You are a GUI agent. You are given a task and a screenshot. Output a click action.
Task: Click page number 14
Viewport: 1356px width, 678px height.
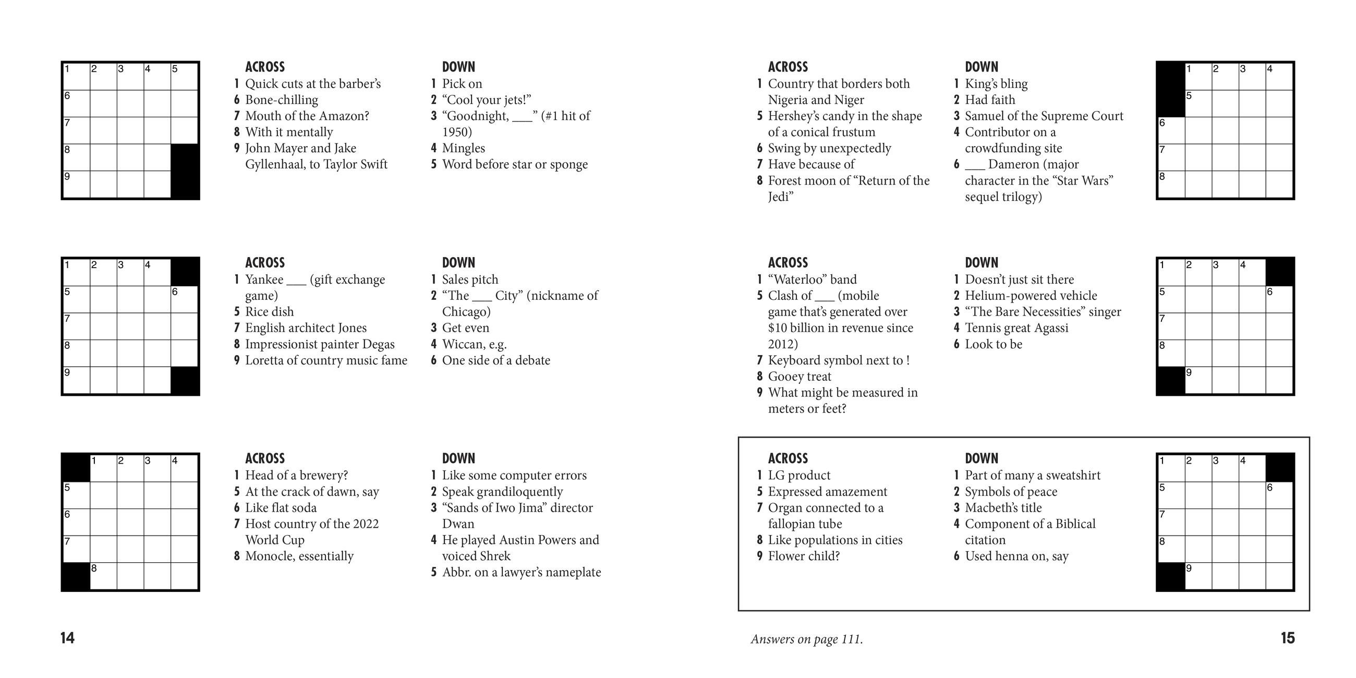pyautogui.click(x=67, y=638)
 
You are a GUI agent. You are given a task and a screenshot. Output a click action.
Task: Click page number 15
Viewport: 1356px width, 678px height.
pyautogui.click(x=1287, y=638)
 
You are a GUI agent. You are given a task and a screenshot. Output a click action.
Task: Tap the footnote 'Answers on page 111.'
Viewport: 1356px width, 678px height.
pyautogui.click(x=806, y=639)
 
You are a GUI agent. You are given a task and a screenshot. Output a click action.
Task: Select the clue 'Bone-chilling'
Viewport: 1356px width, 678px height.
pyautogui.click(x=282, y=100)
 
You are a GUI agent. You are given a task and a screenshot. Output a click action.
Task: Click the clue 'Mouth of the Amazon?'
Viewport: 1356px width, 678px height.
pyautogui.click(x=307, y=116)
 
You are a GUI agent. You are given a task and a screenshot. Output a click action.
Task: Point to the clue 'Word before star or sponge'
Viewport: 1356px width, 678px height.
pyautogui.click(x=514, y=164)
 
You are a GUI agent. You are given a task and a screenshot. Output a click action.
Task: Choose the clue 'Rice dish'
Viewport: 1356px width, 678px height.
pyautogui.click(x=269, y=312)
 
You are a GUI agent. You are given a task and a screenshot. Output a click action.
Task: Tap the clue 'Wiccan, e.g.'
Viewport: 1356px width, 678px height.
pyautogui.click(x=474, y=344)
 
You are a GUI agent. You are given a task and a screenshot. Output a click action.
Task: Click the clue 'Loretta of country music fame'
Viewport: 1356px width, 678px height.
pyautogui.click(x=326, y=360)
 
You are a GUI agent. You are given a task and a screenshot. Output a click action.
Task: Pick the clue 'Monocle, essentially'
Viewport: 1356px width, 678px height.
pyautogui.click(x=299, y=556)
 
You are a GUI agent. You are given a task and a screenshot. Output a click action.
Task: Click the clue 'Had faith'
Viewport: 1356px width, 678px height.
pyautogui.click(x=990, y=100)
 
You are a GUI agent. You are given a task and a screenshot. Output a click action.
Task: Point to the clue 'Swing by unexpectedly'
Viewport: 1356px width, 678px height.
pyautogui.click(x=829, y=148)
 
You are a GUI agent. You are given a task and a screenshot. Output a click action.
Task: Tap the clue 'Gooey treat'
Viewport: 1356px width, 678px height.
pyautogui.click(x=799, y=377)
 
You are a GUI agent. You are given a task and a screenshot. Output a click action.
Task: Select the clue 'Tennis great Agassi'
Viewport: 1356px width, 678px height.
pyautogui.click(x=1016, y=328)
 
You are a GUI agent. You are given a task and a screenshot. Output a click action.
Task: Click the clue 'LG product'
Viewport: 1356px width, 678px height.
pyautogui.click(x=798, y=475)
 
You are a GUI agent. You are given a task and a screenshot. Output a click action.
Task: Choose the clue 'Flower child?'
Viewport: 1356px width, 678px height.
pyautogui.click(x=803, y=556)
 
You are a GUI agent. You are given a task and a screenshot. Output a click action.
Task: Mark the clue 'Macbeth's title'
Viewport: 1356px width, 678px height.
pyautogui.click(x=1003, y=508)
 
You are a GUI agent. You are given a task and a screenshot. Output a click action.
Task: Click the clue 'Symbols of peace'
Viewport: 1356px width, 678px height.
pyautogui.click(x=1011, y=492)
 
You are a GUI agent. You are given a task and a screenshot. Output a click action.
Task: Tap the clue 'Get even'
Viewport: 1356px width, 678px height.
pyautogui.click(x=465, y=328)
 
